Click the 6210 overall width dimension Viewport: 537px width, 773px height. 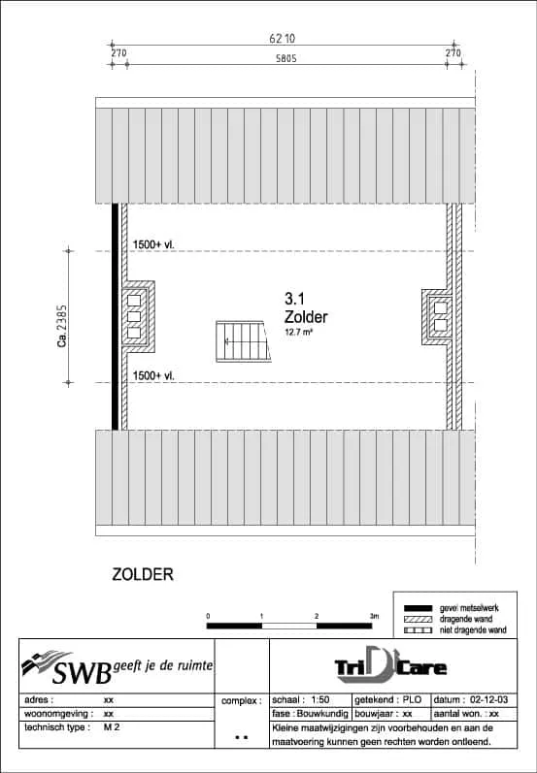click(283, 38)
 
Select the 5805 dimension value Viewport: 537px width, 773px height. click(286, 59)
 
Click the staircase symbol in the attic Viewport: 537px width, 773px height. click(244, 341)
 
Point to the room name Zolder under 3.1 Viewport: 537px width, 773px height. click(306, 316)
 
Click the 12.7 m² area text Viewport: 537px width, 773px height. click(298, 333)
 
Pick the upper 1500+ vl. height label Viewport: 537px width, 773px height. click(154, 244)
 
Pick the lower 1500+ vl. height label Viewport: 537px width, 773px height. click(154, 376)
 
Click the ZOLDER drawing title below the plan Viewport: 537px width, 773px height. click(143, 574)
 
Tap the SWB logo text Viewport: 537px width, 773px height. click(82, 672)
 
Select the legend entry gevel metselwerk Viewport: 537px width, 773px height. click(469, 608)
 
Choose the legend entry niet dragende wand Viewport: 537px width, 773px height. click(472, 630)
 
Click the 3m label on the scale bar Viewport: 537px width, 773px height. click(374, 616)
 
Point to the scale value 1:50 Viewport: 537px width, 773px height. click(320, 700)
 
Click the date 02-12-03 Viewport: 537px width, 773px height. click(489, 700)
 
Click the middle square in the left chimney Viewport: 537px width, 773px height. click(134, 316)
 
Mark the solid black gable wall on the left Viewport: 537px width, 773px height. click(115, 316)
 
